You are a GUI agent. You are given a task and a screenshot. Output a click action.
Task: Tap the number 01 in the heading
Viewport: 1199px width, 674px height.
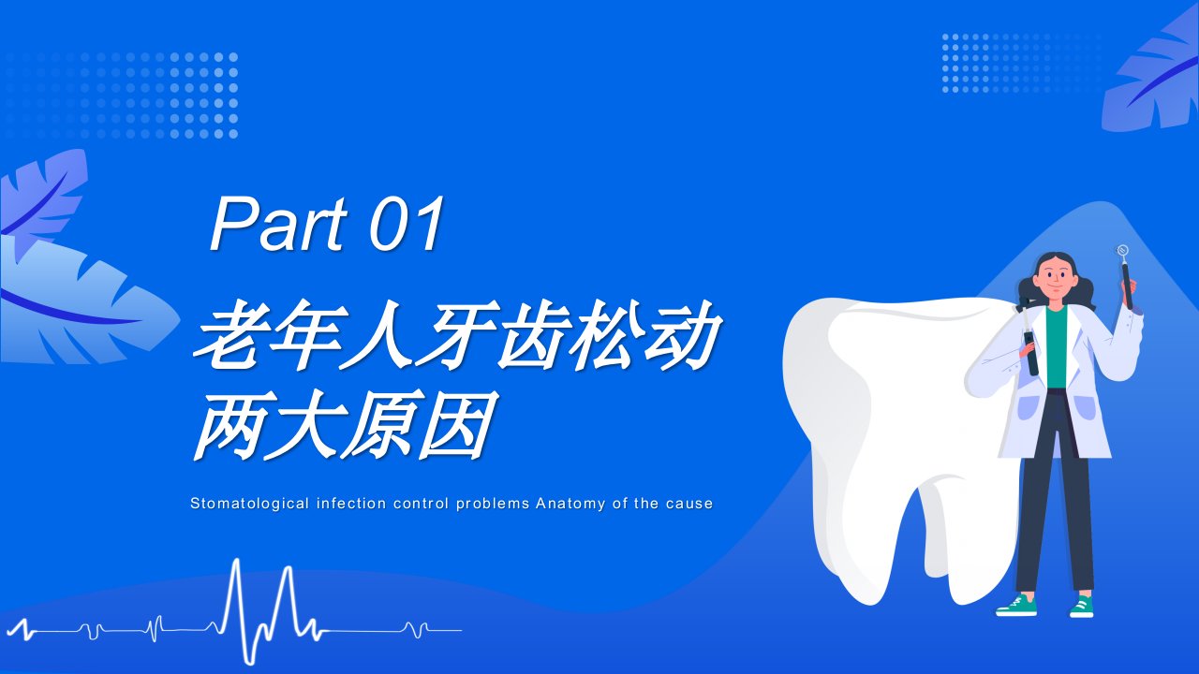point(407,224)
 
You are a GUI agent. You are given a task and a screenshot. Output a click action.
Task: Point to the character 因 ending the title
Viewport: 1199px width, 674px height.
point(456,425)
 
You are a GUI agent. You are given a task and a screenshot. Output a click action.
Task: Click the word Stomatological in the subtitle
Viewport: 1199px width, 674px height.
point(249,504)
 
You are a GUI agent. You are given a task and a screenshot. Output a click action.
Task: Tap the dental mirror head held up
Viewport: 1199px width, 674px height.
point(1122,250)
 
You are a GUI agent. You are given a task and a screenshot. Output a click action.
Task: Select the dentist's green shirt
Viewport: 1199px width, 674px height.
point(1056,347)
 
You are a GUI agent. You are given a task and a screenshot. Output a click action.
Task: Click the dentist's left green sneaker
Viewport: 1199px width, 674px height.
point(1016,606)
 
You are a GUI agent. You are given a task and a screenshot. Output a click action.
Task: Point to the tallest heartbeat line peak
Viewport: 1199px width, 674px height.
point(237,561)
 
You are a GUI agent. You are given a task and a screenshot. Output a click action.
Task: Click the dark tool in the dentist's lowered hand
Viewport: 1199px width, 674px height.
point(1031,352)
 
